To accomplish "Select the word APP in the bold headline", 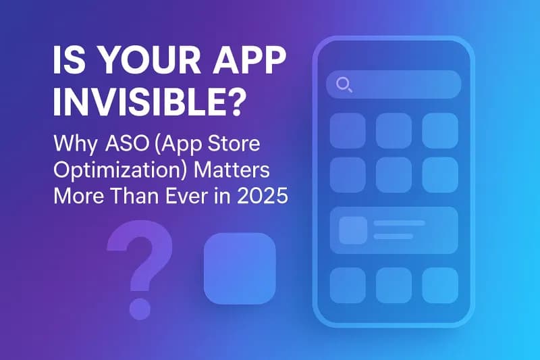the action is pyautogui.click(x=252, y=60).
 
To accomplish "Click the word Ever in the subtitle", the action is pyautogui.click(x=188, y=196).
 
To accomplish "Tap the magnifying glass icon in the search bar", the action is pyautogui.click(x=344, y=84).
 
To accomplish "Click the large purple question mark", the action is pyautogui.click(x=140, y=269).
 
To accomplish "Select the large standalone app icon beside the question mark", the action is pyautogui.click(x=240, y=268).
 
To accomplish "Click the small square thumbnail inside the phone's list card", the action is pyautogui.click(x=353, y=230).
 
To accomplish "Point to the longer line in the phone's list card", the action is pyautogui.click(x=400, y=224).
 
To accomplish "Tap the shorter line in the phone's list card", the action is pyautogui.click(x=394, y=236).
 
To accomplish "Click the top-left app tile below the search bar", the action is pyautogui.click(x=348, y=130).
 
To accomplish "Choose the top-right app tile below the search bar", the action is pyautogui.click(x=440, y=130).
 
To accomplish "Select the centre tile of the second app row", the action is pyautogui.click(x=394, y=175).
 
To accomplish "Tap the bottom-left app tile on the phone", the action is pyautogui.click(x=348, y=286).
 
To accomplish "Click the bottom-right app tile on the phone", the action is pyautogui.click(x=440, y=286).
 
